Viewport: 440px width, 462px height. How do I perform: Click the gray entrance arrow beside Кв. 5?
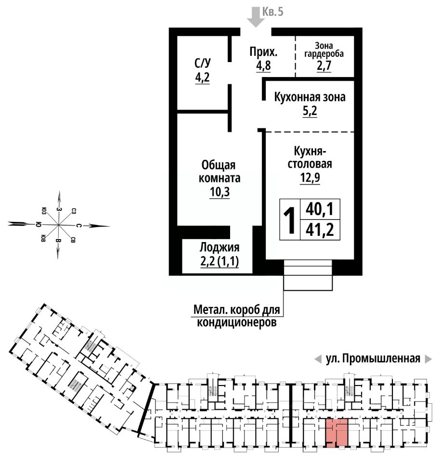point(255,17)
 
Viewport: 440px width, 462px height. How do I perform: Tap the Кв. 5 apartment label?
point(272,12)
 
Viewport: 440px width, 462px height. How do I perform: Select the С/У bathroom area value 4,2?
point(203,77)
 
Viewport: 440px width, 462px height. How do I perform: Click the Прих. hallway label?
point(263,52)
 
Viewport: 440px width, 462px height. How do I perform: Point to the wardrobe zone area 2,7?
point(324,65)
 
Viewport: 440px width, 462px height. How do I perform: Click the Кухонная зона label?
point(310,97)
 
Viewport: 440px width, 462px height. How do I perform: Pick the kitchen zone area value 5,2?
point(310,111)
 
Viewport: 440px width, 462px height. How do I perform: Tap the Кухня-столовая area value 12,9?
point(310,178)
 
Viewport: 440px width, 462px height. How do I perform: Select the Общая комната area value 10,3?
point(220,192)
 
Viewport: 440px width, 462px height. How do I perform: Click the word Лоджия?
point(220,247)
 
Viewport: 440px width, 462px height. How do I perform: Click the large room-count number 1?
point(289,220)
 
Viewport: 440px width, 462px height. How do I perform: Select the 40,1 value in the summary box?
point(320,209)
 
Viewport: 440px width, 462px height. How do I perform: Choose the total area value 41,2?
point(320,230)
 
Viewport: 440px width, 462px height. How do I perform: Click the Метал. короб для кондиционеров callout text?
point(237,316)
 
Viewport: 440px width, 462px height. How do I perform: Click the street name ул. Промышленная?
point(373,359)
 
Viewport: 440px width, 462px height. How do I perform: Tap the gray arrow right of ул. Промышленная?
point(428,359)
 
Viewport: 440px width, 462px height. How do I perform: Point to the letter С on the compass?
point(78,226)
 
